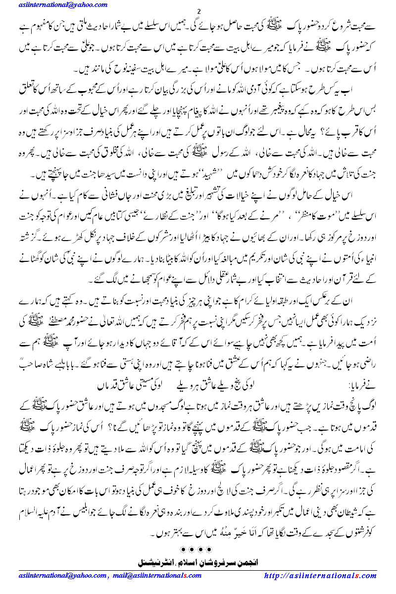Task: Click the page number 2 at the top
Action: click(198, 12)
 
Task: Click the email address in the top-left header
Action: click(54, 5)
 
